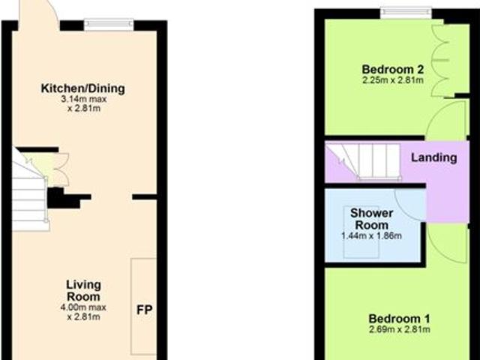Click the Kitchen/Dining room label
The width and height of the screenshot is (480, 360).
(x=82, y=89)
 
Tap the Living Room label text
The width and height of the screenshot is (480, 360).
(x=82, y=290)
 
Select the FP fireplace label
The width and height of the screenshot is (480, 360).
(x=144, y=309)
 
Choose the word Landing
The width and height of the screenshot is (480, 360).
(x=433, y=158)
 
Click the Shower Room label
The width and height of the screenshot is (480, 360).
(x=371, y=219)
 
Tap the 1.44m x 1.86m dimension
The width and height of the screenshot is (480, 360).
(x=371, y=236)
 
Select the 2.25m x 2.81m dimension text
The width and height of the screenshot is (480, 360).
(x=393, y=80)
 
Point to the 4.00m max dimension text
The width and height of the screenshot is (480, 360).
(x=82, y=307)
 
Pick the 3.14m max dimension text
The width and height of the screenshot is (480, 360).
(x=82, y=99)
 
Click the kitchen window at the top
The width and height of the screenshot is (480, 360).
(x=109, y=25)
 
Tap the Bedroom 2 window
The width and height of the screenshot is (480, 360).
(x=406, y=12)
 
